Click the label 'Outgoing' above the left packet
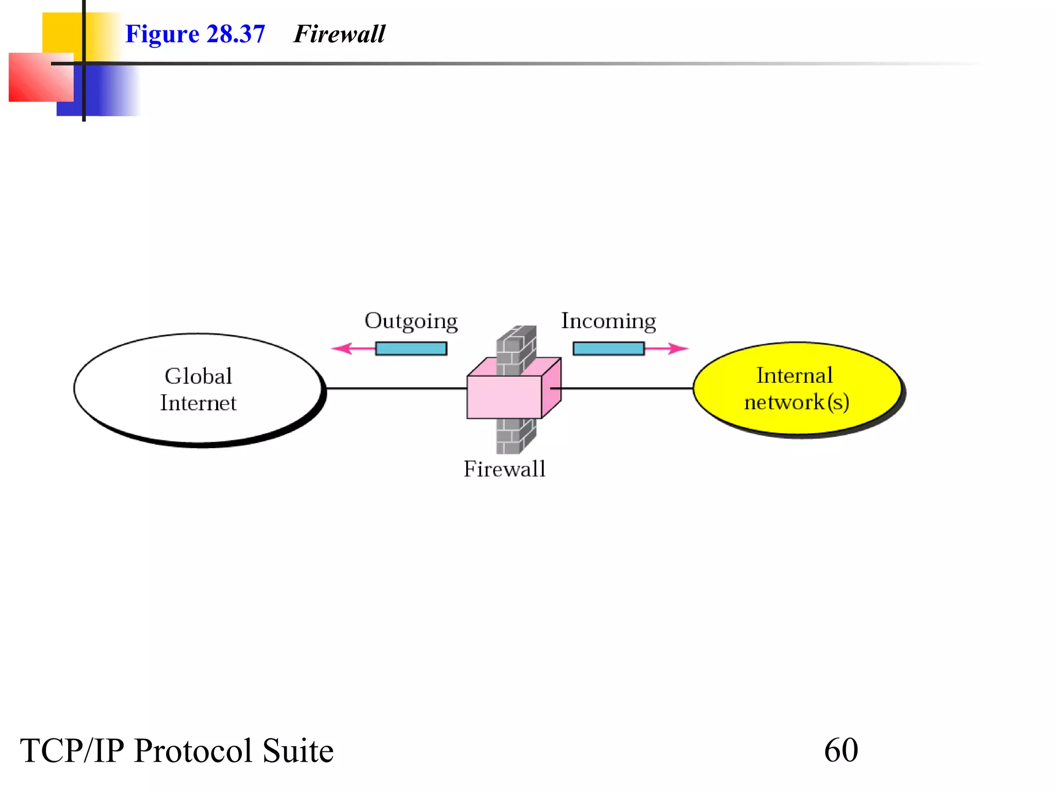pyautogui.click(x=411, y=321)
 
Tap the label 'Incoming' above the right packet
pyautogui.click(x=608, y=321)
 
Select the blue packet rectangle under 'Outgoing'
pyautogui.click(x=411, y=349)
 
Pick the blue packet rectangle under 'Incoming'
pyautogui.click(x=608, y=349)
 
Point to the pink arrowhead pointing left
pyautogui.click(x=341, y=349)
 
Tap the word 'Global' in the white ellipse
pyautogui.click(x=199, y=376)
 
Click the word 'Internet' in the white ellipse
pyautogui.click(x=199, y=403)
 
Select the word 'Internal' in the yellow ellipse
pyautogui.click(x=794, y=376)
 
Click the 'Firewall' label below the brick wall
pyautogui.click(x=504, y=469)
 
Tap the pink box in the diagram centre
pyautogui.click(x=504, y=397)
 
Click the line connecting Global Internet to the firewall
pyautogui.click(x=397, y=388)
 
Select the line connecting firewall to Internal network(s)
pyautogui.click(x=626, y=388)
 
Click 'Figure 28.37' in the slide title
pyautogui.click(x=195, y=35)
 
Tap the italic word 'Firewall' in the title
pyautogui.click(x=339, y=35)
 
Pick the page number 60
pyautogui.click(x=841, y=750)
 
